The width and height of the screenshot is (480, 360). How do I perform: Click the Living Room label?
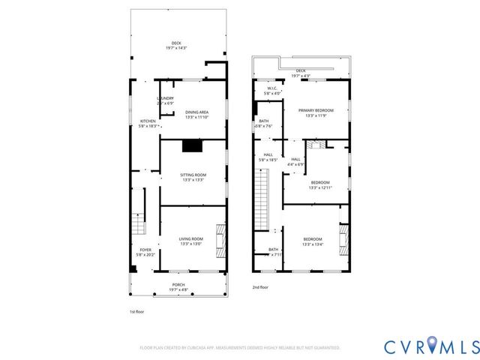(190, 241)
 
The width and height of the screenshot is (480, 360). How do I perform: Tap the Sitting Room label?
(193, 177)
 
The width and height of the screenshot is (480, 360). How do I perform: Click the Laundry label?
(165, 100)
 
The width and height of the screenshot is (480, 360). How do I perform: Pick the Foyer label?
(145, 252)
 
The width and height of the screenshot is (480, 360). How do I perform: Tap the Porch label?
(178, 286)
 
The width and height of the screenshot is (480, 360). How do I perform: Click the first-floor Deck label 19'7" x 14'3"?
(176, 46)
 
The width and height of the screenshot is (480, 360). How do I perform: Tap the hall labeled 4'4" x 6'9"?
(295, 161)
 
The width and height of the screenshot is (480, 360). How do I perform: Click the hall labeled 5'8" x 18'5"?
(268, 157)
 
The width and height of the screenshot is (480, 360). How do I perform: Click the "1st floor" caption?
(138, 310)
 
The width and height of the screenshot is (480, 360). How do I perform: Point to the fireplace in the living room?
(220, 241)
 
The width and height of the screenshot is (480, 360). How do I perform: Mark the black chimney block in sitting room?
(193, 146)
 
